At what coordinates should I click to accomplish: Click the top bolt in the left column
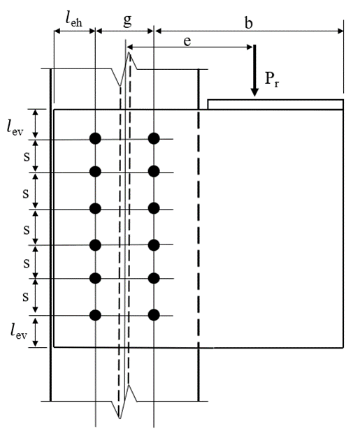pyautogui.click(x=96, y=138)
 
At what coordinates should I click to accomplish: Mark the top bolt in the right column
pyautogui.click(x=154, y=138)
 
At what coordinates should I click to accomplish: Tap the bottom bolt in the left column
pyautogui.click(x=96, y=315)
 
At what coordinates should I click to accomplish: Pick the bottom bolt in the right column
pyautogui.click(x=154, y=315)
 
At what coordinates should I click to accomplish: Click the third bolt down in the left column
pyautogui.click(x=96, y=208)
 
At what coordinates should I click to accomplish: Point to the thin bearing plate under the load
pyautogui.click(x=275, y=105)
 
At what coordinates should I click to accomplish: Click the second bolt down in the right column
pyautogui.click(x=154, y=171)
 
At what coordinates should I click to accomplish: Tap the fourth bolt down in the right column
pyautogui.click(x=154, y=244)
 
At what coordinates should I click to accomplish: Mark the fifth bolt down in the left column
pyautogui.click(x=96, y=279)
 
